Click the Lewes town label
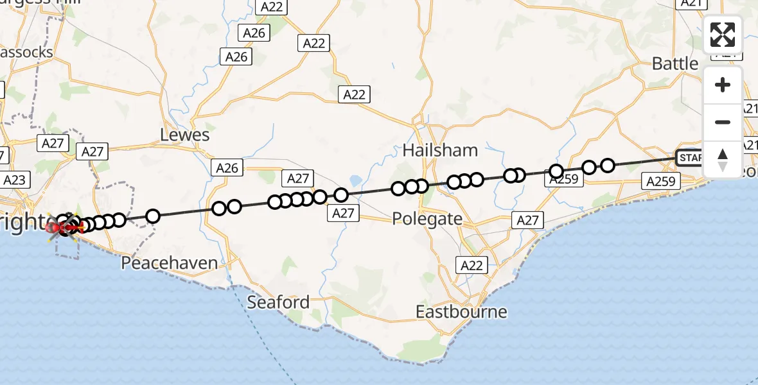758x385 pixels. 185,135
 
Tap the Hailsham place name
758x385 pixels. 440,150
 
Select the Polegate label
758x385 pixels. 427,219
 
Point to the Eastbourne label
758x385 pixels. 461,312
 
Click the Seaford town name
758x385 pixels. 278,302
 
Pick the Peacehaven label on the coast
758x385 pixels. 170,263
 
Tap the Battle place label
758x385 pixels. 674,64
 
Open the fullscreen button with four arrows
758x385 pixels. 723,35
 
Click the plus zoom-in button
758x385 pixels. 723,85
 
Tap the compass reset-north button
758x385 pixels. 723,159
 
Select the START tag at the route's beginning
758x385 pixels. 689,157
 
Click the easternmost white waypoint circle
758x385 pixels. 607,166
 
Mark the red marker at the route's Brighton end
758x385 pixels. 51,227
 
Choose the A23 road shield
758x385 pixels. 14,180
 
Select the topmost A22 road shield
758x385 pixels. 270,6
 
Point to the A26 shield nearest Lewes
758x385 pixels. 227,168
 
